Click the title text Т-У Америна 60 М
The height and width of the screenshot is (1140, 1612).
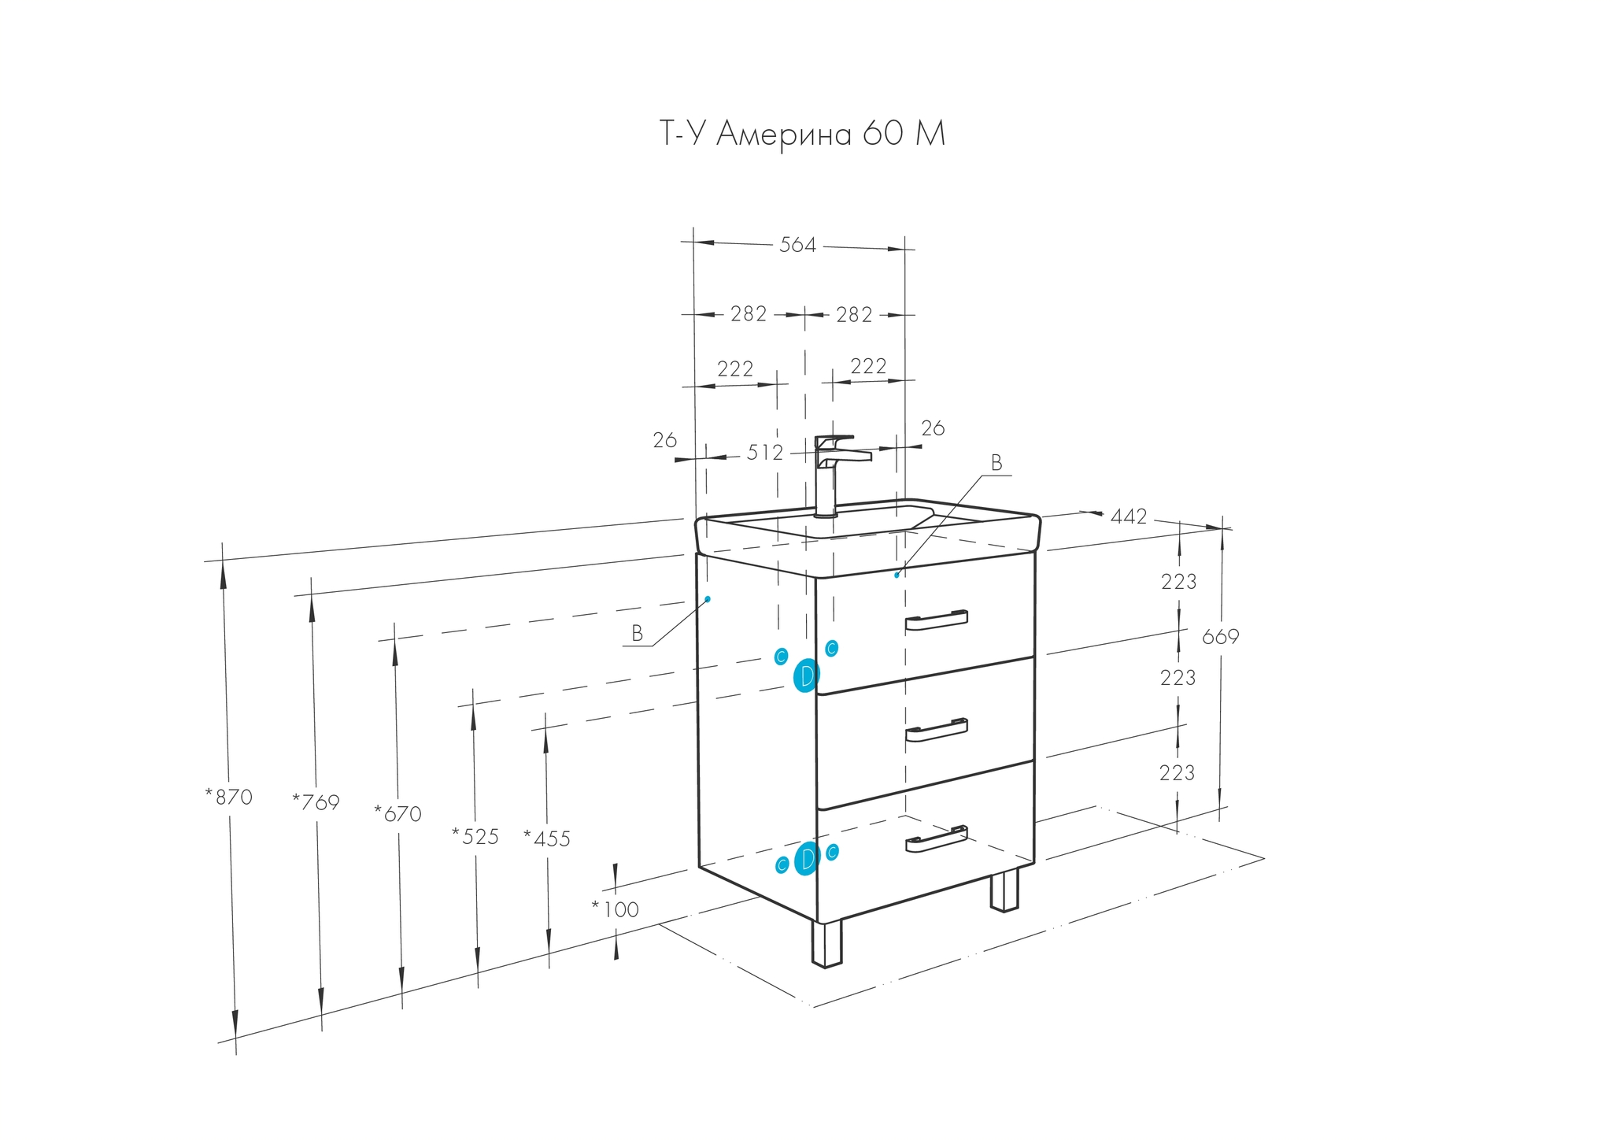point(801,134)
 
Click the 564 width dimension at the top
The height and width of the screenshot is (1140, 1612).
point(797,245)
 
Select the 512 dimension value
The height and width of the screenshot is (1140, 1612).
point(765,453)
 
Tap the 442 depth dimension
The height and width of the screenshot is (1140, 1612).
point(1129,516)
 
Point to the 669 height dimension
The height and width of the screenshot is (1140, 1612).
point(1220,636)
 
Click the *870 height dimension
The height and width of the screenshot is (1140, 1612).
point(229,797)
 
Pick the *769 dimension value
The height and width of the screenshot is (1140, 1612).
point(316,802)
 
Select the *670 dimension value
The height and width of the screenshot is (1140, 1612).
point(398,813)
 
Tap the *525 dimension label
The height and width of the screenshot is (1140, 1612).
point(475,836)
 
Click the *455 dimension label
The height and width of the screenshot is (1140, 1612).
point(547,839)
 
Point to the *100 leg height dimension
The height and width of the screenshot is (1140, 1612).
point(616,909)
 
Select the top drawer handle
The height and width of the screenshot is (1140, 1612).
point(936,620)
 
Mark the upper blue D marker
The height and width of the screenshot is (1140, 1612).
point(806,675)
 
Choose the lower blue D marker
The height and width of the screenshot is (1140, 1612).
point(806,858)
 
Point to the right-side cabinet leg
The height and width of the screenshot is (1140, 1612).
point(1004,890)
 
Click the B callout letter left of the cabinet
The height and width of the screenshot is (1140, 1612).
point(638,634)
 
